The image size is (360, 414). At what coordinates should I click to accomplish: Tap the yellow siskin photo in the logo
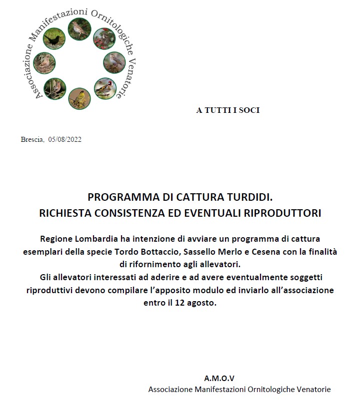coord(79,98)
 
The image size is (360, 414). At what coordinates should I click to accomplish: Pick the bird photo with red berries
coord(104,38)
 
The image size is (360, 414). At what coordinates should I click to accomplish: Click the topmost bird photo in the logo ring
coord(79,29)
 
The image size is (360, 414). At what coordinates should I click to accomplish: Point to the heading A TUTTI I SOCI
coord(227,110)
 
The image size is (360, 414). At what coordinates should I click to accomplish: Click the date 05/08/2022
coord(64,139)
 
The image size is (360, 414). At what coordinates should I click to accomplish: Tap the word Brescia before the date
coord(32,139)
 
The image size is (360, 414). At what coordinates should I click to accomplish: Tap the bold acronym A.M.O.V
coord(219,378)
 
